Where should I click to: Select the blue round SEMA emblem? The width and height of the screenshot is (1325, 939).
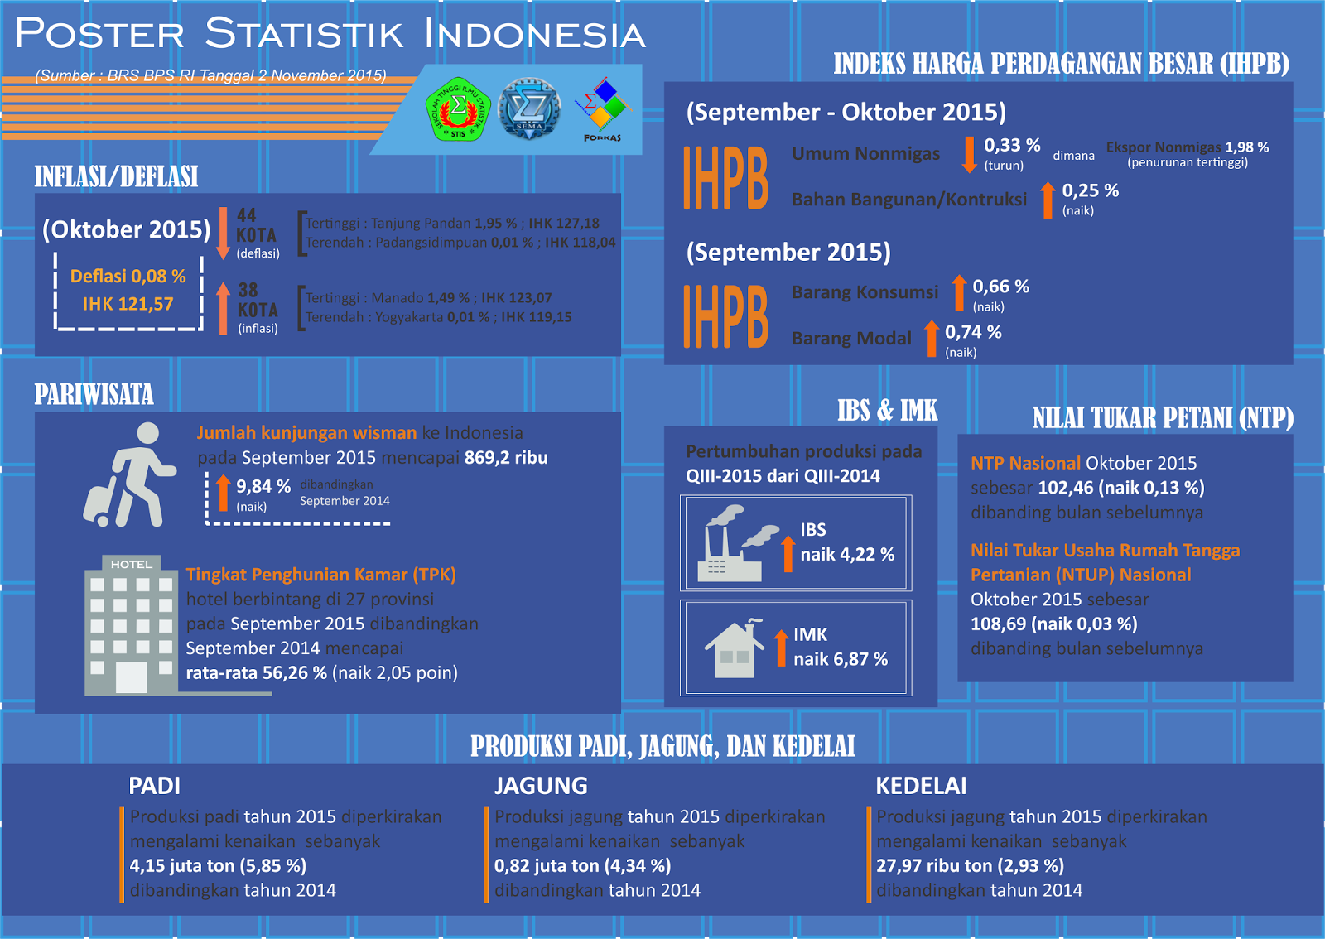[529, 108]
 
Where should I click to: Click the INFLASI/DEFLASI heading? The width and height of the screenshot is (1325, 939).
[116, 176]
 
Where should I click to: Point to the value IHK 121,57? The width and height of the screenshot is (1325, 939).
[128, 304]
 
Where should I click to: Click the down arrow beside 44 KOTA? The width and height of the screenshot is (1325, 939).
[223, 234]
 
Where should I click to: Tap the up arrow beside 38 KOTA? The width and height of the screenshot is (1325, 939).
[223, 308]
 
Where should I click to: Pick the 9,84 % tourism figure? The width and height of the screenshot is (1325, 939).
[263, 486]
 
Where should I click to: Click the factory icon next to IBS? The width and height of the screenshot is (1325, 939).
[737, 544]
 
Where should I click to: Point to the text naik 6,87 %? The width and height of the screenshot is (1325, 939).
[841, 659]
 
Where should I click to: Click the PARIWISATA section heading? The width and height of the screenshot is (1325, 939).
[94, 394]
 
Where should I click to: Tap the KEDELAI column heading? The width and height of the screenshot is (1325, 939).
[921, 785]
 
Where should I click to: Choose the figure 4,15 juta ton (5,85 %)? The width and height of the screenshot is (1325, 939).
[218, 866]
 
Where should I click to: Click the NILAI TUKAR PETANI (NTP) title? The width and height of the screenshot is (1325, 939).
[1163, 418]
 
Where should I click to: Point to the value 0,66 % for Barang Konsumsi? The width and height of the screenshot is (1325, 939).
[1000, 287]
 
